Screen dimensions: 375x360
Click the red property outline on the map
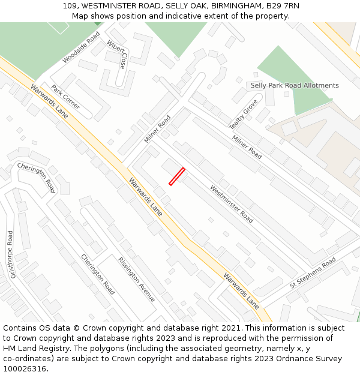(x=176, y=176)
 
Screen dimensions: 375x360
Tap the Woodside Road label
(x=81, y=48)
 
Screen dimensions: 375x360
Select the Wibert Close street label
(x=117, y=55)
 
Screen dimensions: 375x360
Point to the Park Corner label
(x=65, y=97)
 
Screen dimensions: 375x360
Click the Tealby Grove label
(x=243, y=114)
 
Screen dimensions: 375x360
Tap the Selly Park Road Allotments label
(x=295, y=85)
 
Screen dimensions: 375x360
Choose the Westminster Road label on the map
(x=231, y=204)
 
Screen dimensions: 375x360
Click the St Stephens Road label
(x=313, y=273)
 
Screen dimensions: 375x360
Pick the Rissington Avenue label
(x=136, y=280)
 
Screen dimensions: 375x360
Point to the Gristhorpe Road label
(x=12, y=254)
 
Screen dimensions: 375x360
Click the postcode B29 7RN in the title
(x=282, y=6)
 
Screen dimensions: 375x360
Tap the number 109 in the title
(x=70, y=6)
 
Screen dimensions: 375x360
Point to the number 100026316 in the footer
(x=25, y=369)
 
